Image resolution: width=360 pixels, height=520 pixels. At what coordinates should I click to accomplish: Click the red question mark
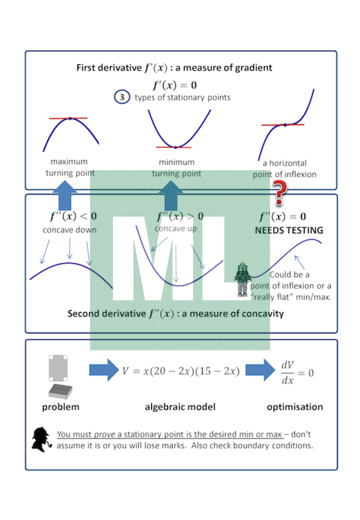pyautogui.click(x=280, y=190)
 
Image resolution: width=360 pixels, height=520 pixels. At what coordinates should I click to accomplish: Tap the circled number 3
pyautogui.click(x=122, y=97)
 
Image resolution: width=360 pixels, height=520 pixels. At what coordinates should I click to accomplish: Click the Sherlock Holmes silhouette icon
pyautogui.click(x=41, y=439)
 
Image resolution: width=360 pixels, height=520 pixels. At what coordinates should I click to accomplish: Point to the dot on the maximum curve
pyautogui.click(x=70, y=118)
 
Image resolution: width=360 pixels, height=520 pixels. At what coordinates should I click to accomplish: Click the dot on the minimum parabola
pyautogui.click(x=175, y=147)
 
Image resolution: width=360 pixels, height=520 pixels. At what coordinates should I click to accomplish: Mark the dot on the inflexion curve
pyautogui.click(x=285, y=125)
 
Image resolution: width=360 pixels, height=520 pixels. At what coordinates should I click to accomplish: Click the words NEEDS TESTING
pyautogui.click(x=289, y=231)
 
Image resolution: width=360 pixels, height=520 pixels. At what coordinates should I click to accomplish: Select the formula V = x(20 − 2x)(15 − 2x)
pyautogui.click(x=181, y=371)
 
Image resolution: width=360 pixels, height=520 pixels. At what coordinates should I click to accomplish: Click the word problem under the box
pyautogui.click(x=60, y=407)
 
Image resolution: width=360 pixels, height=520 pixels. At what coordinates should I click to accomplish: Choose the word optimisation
pyautogui.click(x=295, y=407)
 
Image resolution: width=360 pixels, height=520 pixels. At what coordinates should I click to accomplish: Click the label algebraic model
pyautogui.click(x=180, y=407)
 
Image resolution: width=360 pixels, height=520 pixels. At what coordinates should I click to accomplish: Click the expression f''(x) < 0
pyautogui.click(x=73, y=216)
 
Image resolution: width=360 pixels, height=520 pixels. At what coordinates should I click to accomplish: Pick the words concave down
pyautogui.click(x=70, y=230)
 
